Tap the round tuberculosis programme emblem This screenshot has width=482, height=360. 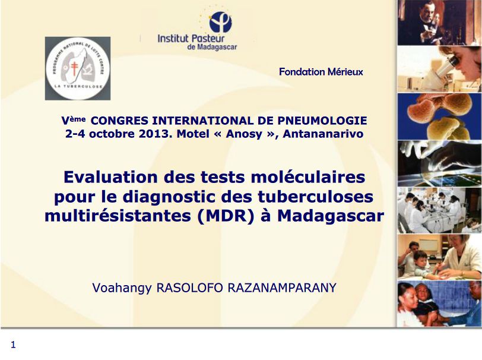pos(77,68)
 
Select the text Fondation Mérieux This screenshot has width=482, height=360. pos(321,72)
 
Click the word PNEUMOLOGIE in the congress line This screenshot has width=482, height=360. pos(321,121)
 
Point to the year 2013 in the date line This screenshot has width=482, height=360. pos(154,134)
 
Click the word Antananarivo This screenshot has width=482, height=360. pos(323,134)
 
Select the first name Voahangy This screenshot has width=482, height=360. pos(122,288)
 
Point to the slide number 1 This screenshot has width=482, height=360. pos(13,345)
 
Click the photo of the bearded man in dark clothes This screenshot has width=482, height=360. pos(439,23)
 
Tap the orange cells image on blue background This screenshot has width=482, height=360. pos(439,115)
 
